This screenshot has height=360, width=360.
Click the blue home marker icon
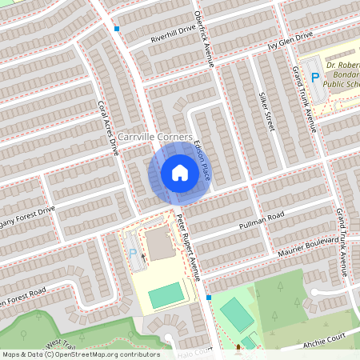coord(180,173)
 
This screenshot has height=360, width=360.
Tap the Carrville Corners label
coord(155,137)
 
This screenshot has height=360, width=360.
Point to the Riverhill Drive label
coord(173,34)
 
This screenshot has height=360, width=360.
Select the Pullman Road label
coord(265,222)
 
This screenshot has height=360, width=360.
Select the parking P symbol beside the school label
coord(315,77)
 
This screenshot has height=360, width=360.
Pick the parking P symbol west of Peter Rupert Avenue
coord(133,253)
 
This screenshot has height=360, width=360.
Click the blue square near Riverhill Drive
coord(117,29)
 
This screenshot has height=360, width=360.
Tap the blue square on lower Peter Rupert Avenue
coord(209,297)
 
